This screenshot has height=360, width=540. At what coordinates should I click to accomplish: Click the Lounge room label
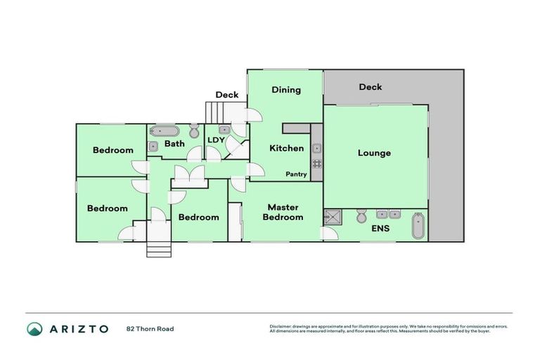(x=374, y=153)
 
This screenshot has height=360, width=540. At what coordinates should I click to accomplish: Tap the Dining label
(x=286, y=90)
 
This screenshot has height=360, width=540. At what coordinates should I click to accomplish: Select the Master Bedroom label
(x=283, y=212)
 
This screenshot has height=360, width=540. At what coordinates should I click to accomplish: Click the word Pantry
(x=296, y=174)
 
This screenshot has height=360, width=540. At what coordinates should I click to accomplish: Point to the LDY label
(x=215, y=140)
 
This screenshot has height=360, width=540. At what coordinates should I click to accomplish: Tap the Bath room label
(x=174, y=144)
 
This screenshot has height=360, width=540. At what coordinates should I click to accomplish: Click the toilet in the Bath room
(x=194, y=131)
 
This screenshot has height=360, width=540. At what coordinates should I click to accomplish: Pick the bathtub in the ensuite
(x=418, y=225)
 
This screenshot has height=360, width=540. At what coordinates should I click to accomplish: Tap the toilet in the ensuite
(x=361, y=215)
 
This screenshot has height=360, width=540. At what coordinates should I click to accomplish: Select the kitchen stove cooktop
(x=317, y=165)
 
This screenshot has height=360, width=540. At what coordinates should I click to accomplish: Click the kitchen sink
(x=317, y=148)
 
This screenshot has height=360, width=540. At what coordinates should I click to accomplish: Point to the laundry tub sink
(x=224, y=130)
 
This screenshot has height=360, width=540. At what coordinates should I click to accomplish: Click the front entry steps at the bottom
(x=158, y=249)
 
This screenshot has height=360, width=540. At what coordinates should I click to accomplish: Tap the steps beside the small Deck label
(x=214, y=112)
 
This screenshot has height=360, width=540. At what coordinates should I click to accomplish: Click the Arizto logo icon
(x=34, y=328)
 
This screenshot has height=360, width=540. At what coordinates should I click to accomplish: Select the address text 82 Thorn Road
(x=150, y=328)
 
